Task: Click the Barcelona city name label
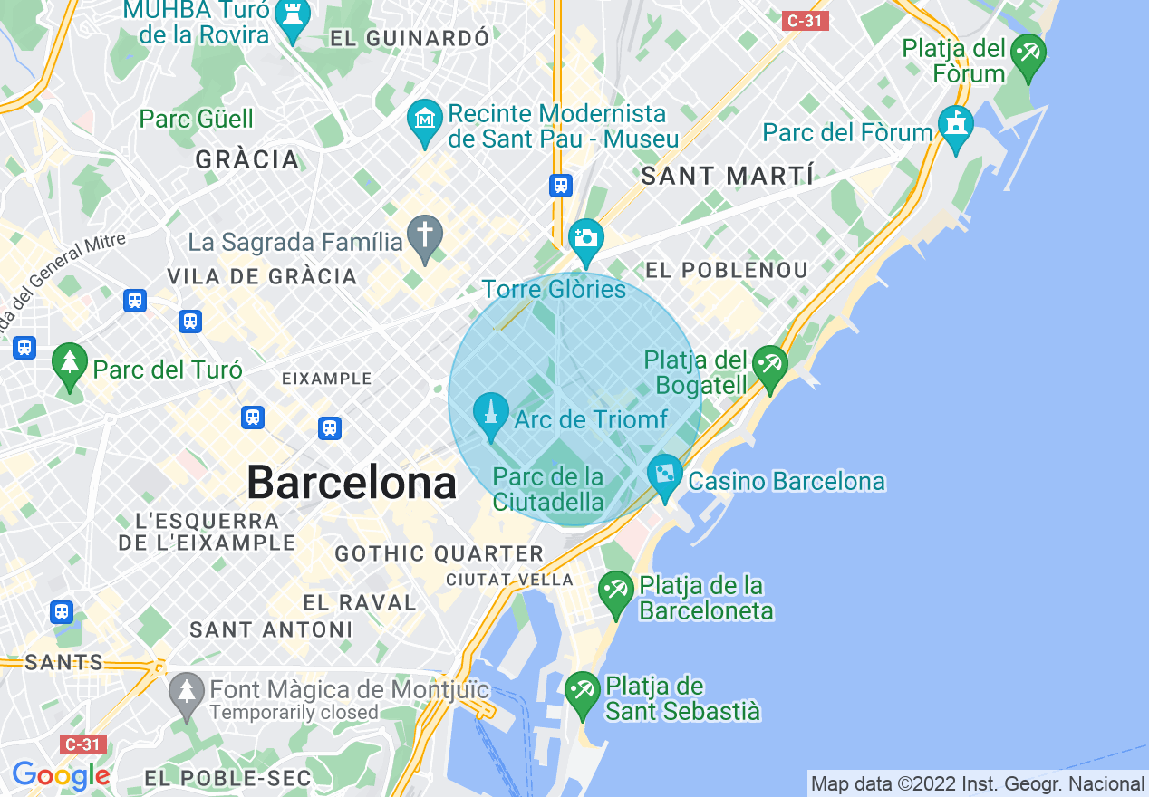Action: (x=352, y=483)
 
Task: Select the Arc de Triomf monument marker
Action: (x=491, y=415)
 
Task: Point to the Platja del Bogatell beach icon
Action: (x=769, y=368)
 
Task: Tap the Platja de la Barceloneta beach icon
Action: (x=616, y=592)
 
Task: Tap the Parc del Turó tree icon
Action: (x=69, y=365)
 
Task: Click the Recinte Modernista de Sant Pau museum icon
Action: (x=424, y=120)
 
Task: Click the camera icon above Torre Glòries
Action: (x=585, y=237)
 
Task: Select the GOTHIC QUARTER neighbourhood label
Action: (x=439, y=553)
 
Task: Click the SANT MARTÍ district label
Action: (x=727, y=176)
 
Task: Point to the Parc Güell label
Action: (x=196, y=119)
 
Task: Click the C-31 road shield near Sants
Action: (x=83, y=744)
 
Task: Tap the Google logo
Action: (x=61, y=775)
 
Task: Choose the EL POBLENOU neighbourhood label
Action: (x=726, y=270)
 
